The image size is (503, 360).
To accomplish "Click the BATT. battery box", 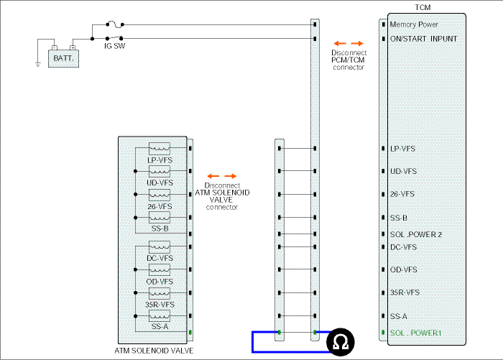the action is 63,58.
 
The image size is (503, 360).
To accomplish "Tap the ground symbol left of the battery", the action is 38,65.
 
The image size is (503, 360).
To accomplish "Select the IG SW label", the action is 114,46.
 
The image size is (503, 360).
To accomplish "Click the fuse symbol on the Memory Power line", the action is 115,24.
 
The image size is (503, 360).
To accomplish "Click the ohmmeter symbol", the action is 341,342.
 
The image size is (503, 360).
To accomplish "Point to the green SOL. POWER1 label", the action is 416,333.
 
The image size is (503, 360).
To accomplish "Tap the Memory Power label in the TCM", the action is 414,24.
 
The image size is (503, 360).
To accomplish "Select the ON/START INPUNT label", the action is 423,39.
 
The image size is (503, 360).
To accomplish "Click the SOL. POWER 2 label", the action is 416,234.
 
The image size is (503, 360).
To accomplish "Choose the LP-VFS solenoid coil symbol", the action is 160,149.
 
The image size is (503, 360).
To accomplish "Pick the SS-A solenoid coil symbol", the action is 160,316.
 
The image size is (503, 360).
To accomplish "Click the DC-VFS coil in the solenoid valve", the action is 160,247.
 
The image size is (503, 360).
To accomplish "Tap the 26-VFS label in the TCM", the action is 402,194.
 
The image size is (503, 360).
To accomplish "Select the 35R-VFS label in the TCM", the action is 405,292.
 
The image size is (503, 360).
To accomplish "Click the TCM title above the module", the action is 423,7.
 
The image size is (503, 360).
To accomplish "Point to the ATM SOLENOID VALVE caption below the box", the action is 154,351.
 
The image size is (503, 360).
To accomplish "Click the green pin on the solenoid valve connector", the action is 190,333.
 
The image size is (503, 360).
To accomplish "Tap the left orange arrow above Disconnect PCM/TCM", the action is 340,43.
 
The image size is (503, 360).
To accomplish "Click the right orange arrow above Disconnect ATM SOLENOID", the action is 231,176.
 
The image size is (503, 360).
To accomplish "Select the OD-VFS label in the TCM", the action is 404,270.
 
